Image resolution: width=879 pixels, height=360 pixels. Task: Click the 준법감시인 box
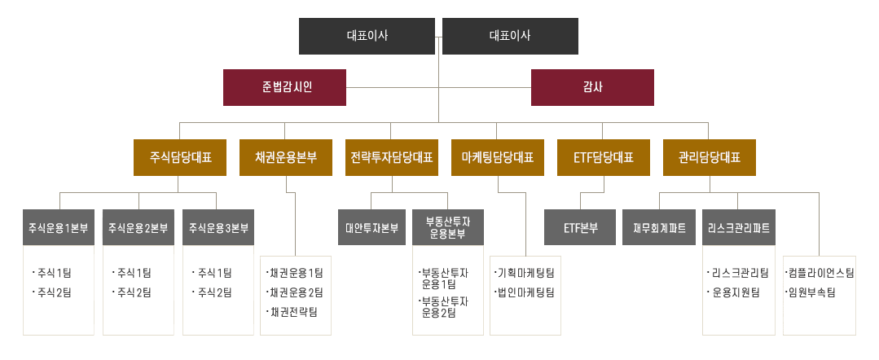tap(284, 87)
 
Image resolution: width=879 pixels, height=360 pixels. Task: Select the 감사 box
tap(592, 87)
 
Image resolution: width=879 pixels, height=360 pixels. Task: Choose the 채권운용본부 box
tap(286, 157)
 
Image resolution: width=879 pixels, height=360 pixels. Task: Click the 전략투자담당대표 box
tap(392, 157)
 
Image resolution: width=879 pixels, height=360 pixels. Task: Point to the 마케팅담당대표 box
tap(498, 157)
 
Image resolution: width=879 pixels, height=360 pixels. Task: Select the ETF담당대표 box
tap(604, 157)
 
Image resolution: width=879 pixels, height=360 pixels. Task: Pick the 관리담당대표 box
tap(709, 157)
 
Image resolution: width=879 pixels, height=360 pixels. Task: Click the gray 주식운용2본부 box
tap(138, 228)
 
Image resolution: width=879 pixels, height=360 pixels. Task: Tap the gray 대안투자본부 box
tap(371, 228)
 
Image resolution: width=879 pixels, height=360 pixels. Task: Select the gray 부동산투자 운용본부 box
tap(448, 228)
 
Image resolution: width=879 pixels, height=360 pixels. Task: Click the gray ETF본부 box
tap(581, 228)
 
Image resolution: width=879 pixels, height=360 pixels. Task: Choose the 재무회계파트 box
tap(659, 228)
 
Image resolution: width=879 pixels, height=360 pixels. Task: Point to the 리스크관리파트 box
tap(739, 228)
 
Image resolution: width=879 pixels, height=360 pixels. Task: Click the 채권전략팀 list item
tap(292, 312)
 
